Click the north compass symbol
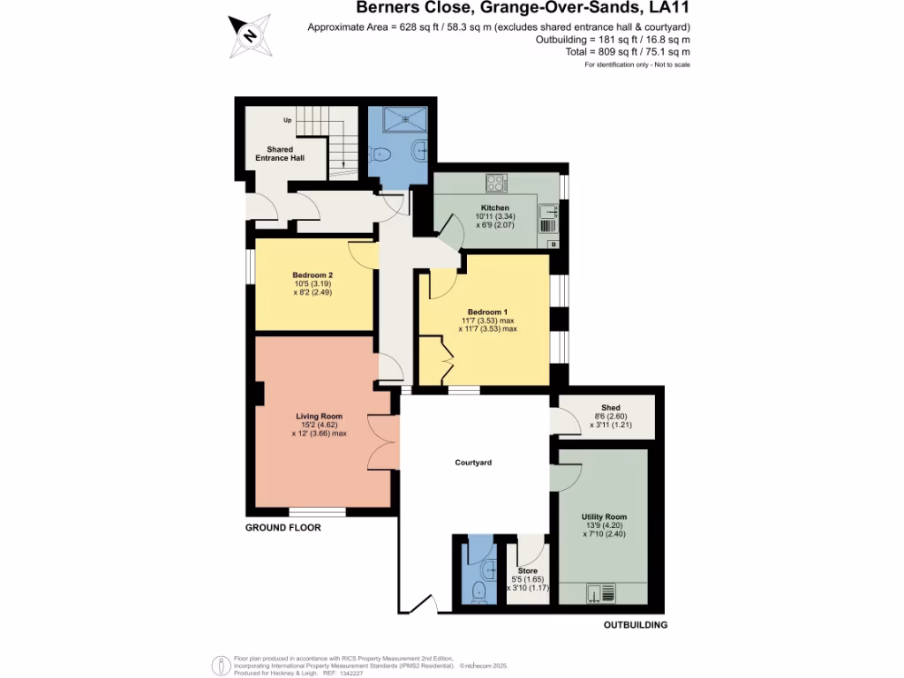pyautogui.click(x=249, y=34)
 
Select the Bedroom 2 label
pyautogui.click(x=313, y=275)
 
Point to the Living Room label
pyautogui.click(x=319, y=416)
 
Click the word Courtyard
pyautogui.click(x=473, y=463)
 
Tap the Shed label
pyautogui.click(x=610, y=408)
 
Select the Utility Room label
pyautogui.click(x=604, y=516)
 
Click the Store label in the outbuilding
pyautogui.click(x=527, y=571)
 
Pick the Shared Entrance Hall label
pyautogui.click(x=280, y=154)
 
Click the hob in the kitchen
pyautogui.click(x=496, y=184)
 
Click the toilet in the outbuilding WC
pyautogui.click(x=478, y=590)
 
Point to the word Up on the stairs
pyautogui.click(x=288, y=120)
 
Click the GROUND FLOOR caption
pyautogui.click(x=282, y=528)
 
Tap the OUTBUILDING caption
pyautogui.click(x=635, y=625)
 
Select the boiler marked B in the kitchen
pyautogui.click(x=553, y=243)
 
